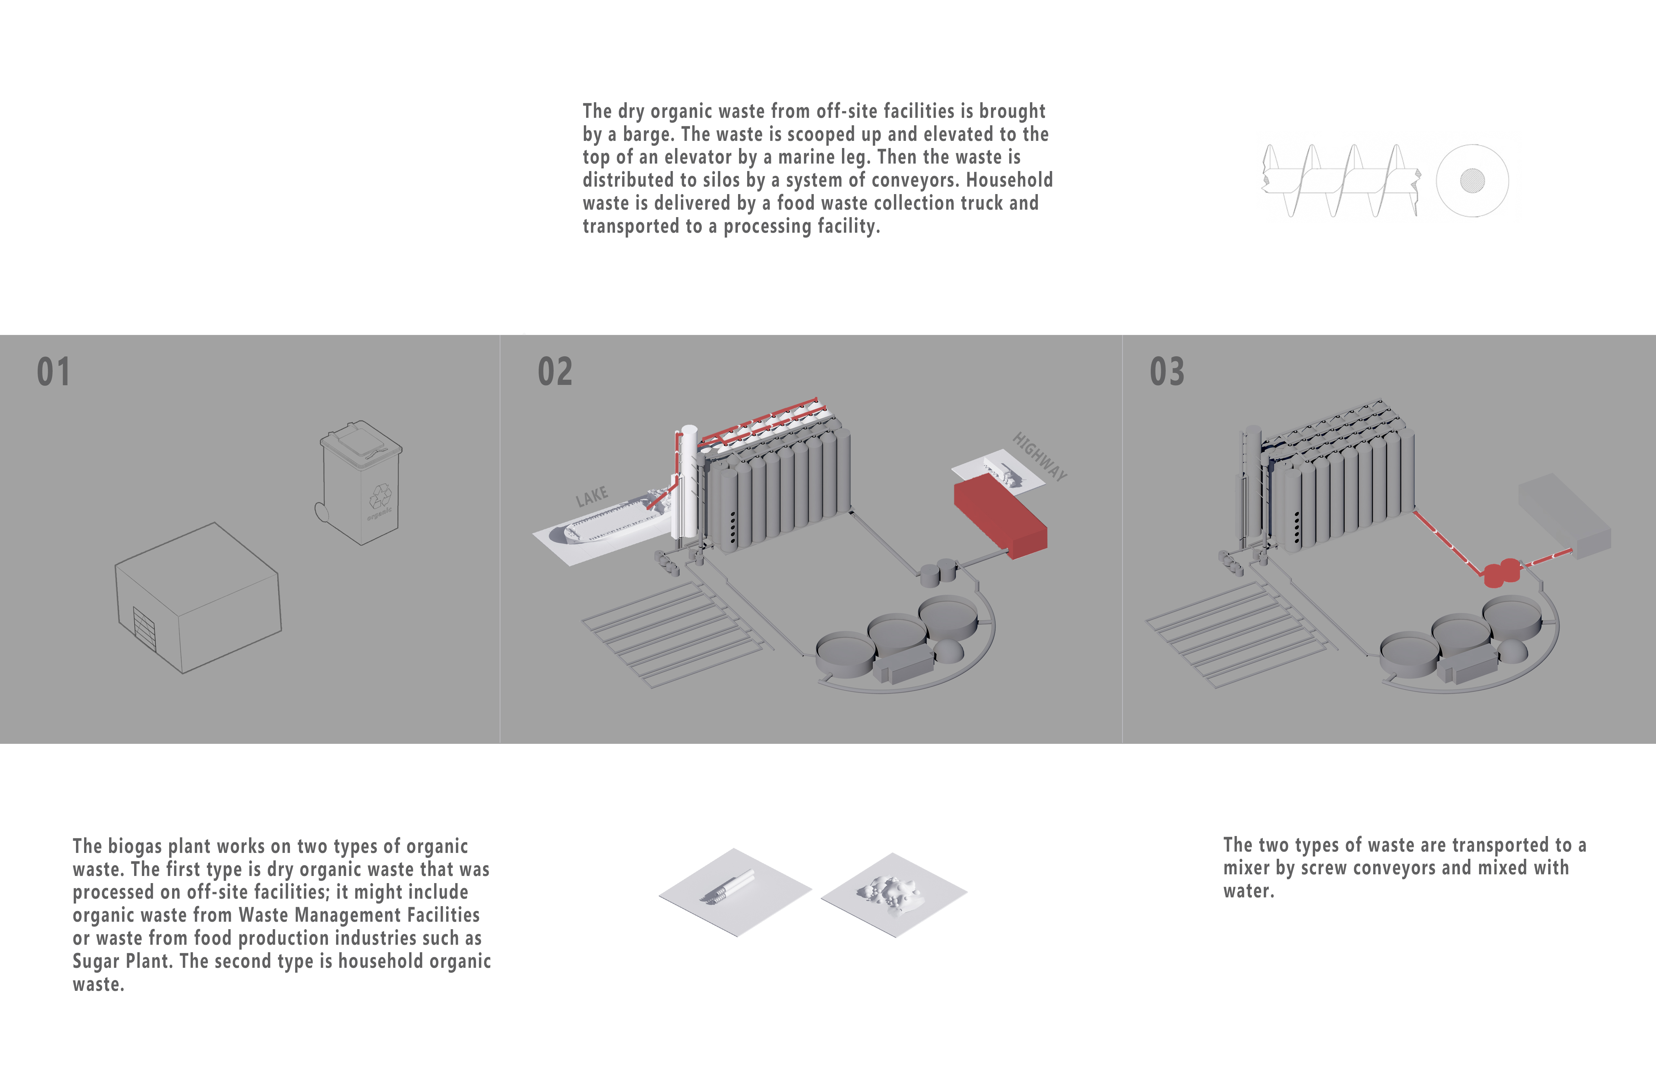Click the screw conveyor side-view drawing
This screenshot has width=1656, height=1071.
(x=1340, y=181)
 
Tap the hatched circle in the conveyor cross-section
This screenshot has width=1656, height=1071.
(x=1472, y=181)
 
